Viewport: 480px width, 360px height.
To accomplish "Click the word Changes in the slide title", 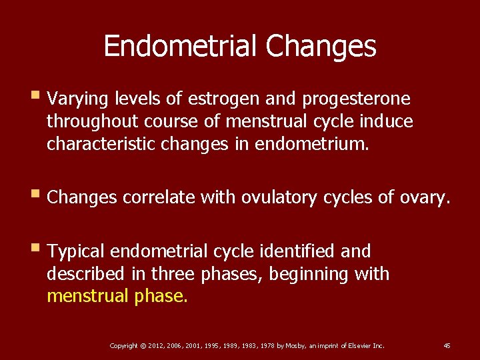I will tap(321, 47).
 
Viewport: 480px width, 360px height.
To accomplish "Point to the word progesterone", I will tap(357, 99).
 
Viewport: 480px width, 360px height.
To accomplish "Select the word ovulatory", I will tap(279, 197).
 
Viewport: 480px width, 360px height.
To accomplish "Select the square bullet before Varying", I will tap(35, 99).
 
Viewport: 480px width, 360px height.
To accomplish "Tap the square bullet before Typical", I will tap(35, 251).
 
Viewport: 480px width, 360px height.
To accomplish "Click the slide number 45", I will tap(447, 345).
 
